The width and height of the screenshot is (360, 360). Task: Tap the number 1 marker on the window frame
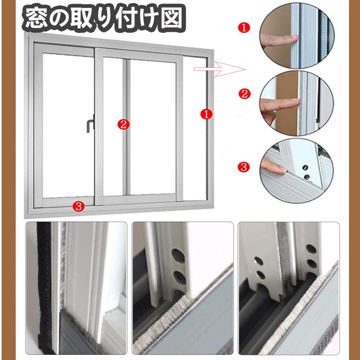[x=205, y=114]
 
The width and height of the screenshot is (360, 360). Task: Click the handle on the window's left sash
[x=88, y=124]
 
